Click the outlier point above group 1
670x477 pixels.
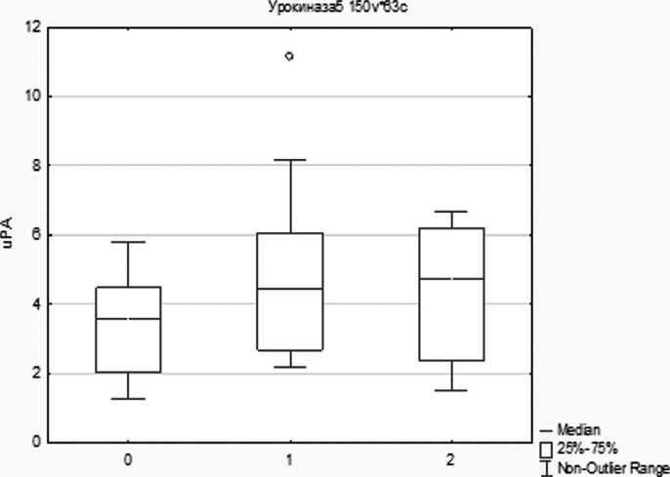tap(289, 57)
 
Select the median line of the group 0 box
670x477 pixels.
tap(129, 319)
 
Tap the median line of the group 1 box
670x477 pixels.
tap(290, 289)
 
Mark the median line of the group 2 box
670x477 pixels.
tap(451, 279)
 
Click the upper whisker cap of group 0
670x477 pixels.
tap(129, 242)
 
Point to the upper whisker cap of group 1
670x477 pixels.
tap(290, 159)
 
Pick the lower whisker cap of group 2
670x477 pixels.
tap(451, 390)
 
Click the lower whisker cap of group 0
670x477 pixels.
tap(129, 399)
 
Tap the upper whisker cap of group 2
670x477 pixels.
tap(451, 211)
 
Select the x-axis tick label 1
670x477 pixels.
tap(290, 457)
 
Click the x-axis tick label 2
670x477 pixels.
tap(451, 457)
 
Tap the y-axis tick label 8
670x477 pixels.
tap(36, 166)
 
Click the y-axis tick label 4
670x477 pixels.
tap(36, 304)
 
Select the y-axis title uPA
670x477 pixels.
tap(9, 235)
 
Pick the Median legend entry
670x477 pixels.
tap(577, 429)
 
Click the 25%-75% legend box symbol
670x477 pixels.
tap(546, 449)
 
